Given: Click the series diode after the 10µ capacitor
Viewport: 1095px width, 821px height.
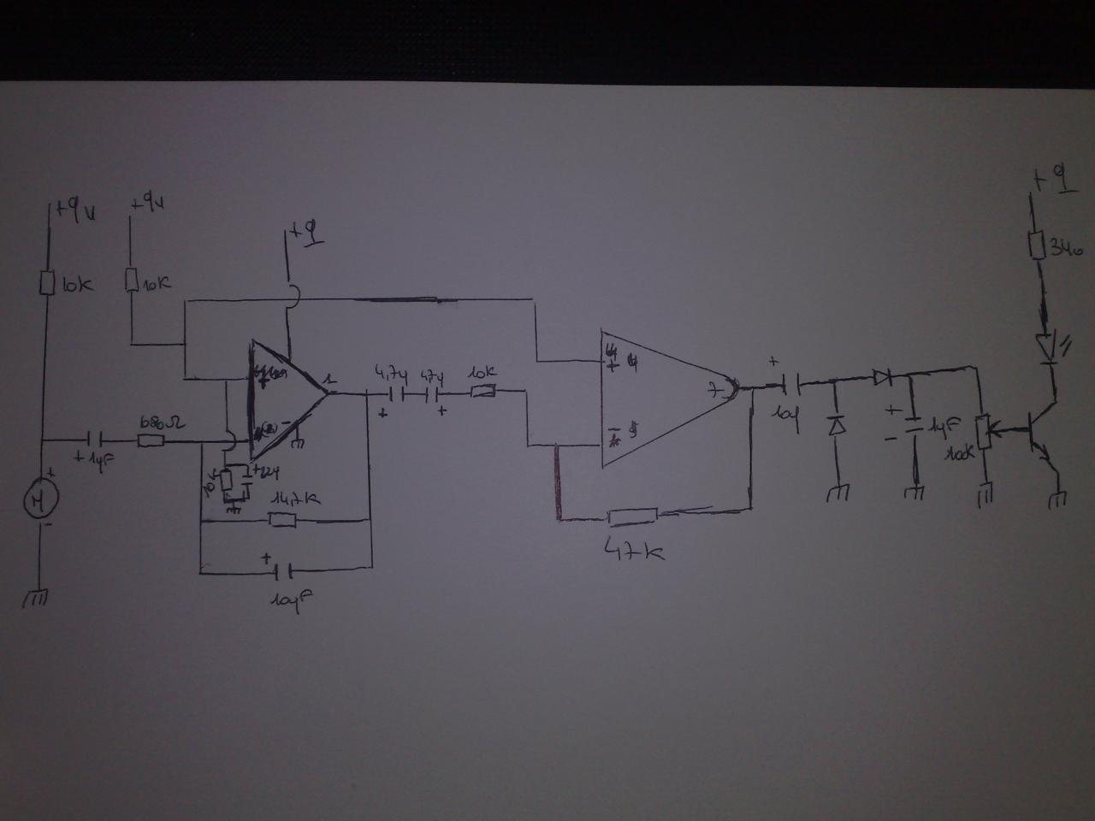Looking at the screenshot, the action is (881, 376).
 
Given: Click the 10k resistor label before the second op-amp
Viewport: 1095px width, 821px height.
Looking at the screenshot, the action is (482, 374).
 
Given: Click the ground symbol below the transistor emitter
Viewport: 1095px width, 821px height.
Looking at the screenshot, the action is (1058, 499).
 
